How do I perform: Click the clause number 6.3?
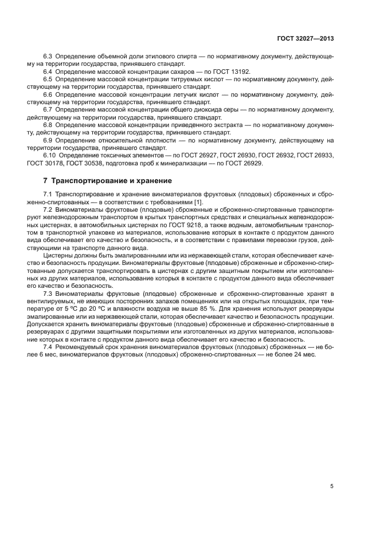click(48, 57)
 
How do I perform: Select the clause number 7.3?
click(48, 293)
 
